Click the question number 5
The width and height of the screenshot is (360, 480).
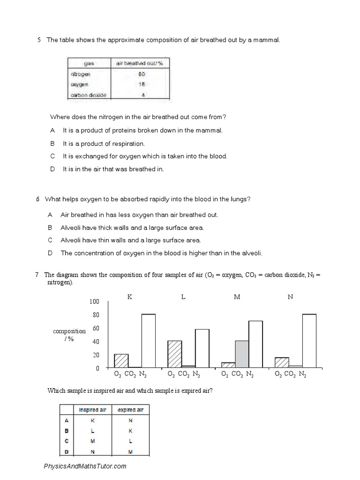tap(39, 40)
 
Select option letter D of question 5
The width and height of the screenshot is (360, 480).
tap(53, 169)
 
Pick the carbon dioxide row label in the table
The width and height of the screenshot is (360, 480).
tap(89, 95)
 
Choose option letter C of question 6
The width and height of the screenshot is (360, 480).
tap(50, 240)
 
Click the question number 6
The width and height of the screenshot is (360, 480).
tap(37, 199)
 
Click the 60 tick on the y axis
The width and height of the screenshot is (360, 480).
tap(96, 329)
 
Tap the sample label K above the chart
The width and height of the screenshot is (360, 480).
tap(130, 297)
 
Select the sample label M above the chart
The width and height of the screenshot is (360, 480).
tap(237, 297)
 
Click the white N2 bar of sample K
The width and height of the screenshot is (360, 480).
tap(148, 341)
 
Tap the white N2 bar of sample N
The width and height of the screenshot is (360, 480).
tap(309, 341)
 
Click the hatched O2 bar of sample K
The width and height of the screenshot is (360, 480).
tap(121, 360)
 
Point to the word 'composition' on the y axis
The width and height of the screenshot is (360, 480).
tap(69, 331)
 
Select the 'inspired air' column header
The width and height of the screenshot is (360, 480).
tap(92, 410)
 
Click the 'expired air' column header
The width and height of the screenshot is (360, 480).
tap(130, 410)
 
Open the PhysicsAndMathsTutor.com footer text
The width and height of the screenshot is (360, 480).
tap(85, 466)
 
